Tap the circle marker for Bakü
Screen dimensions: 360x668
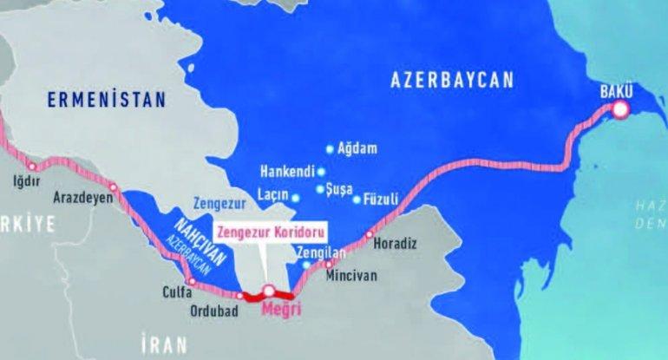621,109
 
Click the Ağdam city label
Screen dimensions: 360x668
359,149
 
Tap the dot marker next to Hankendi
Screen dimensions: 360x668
321,171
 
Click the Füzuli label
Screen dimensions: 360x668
383,199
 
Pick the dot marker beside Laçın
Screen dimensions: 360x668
295,198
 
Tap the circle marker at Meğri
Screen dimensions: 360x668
269,291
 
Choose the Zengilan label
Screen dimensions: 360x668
321,251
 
